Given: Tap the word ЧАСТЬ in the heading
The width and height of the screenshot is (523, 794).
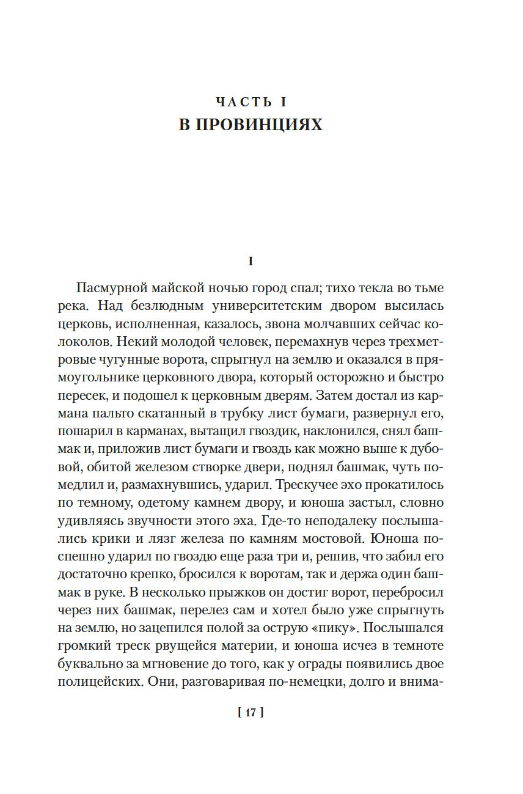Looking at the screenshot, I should click(244, 102).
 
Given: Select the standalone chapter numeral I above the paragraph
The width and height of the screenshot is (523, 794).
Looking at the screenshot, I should click(250, 261).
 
